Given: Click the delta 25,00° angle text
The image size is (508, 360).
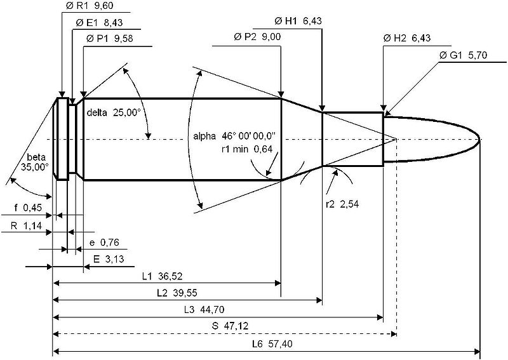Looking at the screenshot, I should pos(114,112).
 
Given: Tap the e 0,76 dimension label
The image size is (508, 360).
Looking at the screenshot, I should pos(106,242).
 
